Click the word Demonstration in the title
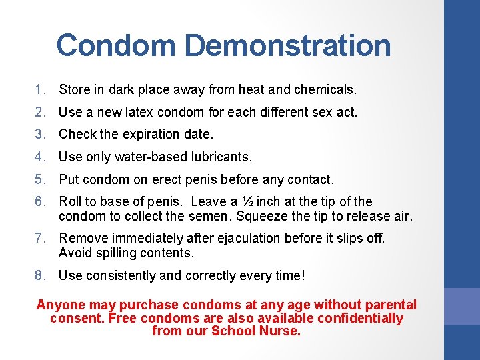pos(287,45)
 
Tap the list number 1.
pos(40,89)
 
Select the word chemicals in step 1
pos(328,89)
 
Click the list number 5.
pos(40,179)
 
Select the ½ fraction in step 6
pos(247,201)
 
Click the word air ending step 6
pos(404,215)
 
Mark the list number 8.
pos(40,275)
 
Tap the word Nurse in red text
pos(283,331)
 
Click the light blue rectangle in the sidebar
pos(462,306)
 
